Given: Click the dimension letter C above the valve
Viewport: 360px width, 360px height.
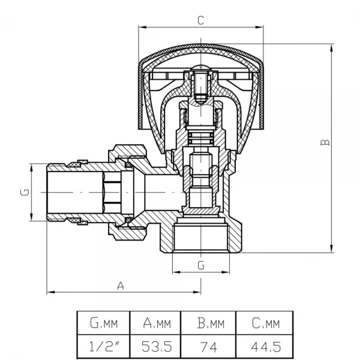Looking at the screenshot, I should pyautogui.click(x=201, y=20).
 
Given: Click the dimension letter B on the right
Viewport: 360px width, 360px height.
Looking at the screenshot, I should pyautogui.click(x=324, y=142).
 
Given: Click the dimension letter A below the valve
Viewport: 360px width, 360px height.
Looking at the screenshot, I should pyautogui.click(x=121, y=286).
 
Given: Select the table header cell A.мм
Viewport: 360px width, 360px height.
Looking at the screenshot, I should pyautogui.click(x=157, y=325).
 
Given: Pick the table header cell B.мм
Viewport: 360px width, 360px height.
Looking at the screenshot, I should pyautogui.click(x=210, y=325).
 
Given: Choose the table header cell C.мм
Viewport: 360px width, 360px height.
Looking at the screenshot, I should pyautogui.click(x=266, y=325).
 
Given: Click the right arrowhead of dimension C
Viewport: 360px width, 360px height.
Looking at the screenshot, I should pyautogui.click(x=262, y=26).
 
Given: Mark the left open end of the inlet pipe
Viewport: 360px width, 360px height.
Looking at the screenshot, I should pyautogui.click(x=49, y=192).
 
